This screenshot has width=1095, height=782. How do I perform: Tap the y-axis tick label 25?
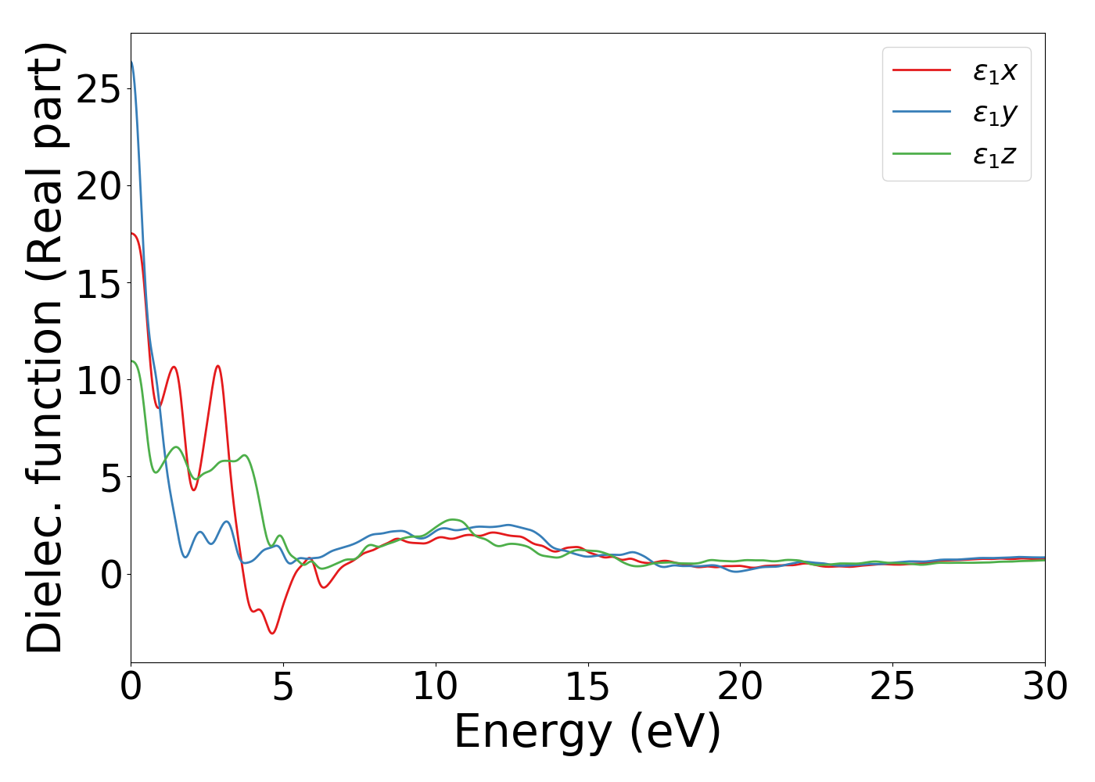click(x=99, y=88)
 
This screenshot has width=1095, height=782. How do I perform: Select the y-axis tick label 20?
click(x=99, y=186)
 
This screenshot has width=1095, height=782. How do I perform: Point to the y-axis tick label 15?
click(x=99, y=283)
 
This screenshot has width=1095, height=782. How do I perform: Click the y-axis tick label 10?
click(x=99, y=380)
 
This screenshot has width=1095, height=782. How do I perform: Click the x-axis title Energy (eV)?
click(x=587, y=733)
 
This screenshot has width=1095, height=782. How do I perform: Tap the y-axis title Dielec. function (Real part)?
click(x=45, y=348)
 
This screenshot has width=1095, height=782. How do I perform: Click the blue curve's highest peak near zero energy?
click(x=132, y=63)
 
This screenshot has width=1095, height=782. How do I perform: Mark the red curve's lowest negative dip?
click(x=272, y=633)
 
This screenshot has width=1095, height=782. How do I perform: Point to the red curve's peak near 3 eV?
click(x=218, y=366)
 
